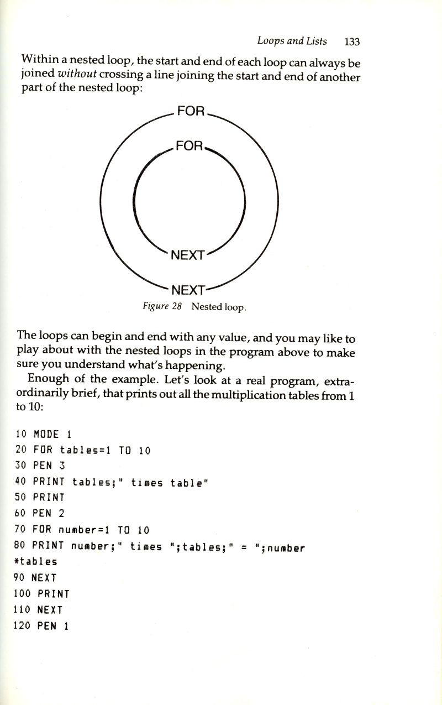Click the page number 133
(352, 41)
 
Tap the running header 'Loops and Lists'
(292, 41)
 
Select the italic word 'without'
(77, 74)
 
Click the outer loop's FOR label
(191, 111)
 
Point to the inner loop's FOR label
(190, 146)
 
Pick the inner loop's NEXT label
(188, 255)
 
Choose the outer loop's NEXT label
(188, 290)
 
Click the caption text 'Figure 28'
(162, 306)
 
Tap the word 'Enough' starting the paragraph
(48, 378)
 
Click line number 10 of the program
(21, 434)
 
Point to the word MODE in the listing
(46, 434)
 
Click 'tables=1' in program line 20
(85, 450)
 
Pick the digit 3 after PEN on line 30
(62, 466)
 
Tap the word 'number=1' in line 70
(84, 530)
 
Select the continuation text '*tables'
(35, 562)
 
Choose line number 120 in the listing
(22, 625)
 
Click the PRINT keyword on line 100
(53, 594)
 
